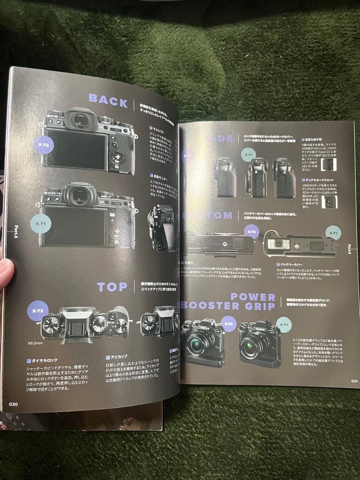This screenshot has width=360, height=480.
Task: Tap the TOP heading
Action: click(112, 287)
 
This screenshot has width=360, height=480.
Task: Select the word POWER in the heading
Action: click(253, 297)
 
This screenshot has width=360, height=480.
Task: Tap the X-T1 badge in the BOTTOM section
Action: click(332, 232)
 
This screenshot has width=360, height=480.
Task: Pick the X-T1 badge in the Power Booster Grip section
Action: click(284, 325)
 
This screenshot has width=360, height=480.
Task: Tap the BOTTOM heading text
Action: click(208, 216)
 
